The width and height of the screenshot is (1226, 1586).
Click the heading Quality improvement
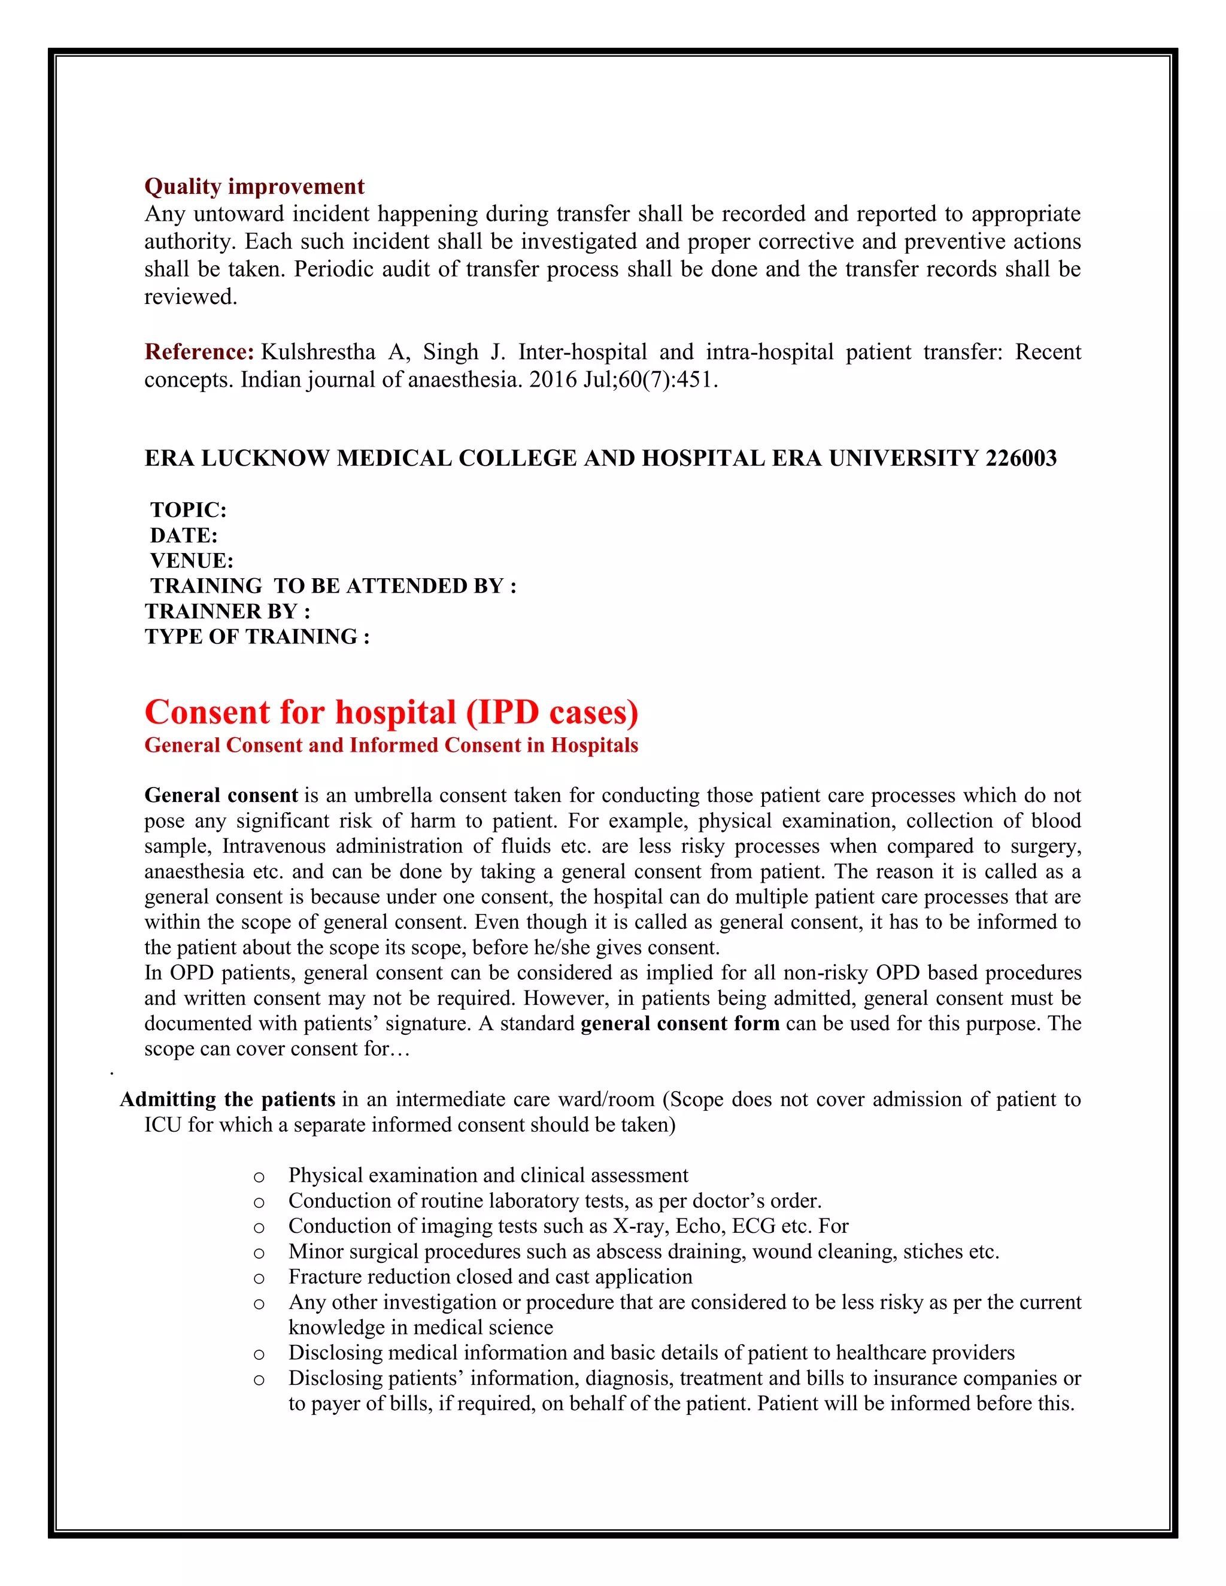pos(254,187)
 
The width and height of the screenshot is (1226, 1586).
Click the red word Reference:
pos(199,352)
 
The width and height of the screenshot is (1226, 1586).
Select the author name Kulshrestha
pos(317,352)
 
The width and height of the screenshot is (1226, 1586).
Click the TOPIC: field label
pos(188,510)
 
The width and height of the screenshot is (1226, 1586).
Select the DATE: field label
pos(184,535)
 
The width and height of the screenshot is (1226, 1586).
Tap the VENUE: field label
pos(192,561)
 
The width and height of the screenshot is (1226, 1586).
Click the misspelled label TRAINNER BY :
pos(227,612)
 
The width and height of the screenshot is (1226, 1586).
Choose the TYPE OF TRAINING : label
pos(257,637)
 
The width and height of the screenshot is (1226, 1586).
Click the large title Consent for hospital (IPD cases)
pos(391,712)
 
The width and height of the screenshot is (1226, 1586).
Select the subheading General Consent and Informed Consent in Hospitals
pos(391,746)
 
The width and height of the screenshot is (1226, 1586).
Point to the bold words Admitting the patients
pos(227,1099)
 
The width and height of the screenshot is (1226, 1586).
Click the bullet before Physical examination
pos(259,1177)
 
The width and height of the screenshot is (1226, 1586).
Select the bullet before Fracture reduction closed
pos(259,1279)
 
